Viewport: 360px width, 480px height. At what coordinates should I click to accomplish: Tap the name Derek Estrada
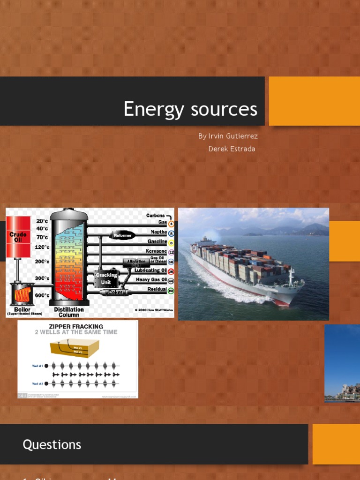(x=232, y=149)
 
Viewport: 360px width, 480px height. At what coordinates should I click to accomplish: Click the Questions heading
(x=52, y=445)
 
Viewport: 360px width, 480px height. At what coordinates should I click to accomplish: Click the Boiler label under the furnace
(x=22, y=309)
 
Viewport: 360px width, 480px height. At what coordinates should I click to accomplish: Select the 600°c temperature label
(x=42, y=295)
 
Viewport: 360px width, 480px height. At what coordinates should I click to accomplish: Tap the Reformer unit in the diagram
(x=122, y=235)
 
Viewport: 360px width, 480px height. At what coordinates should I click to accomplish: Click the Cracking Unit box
(x=106, y=279)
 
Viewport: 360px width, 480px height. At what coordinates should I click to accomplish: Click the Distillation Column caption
(x=69, y=312)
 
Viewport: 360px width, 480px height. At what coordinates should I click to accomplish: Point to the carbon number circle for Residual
(x=171, y=291)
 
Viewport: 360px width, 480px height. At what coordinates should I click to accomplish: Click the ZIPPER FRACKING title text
(x=76, y=326)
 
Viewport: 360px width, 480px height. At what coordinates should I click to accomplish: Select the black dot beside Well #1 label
(x=46, y=366)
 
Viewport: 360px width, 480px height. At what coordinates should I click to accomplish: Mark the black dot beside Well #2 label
(x=46, y=383)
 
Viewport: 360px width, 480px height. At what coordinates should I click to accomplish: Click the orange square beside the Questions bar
(x=336, y=444)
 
